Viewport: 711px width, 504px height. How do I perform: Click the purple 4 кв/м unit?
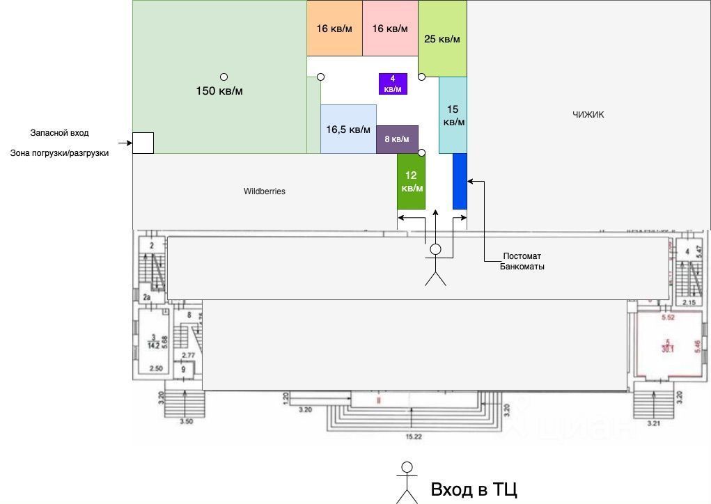(x=393, y=84)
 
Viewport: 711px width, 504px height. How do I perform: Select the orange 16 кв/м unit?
(x=334, y=29)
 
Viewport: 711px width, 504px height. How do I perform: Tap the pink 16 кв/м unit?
(x=390, y=29)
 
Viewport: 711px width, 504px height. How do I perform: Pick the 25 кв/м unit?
(x=442, y=39)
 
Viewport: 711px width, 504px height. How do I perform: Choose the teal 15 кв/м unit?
(x=453, y=115)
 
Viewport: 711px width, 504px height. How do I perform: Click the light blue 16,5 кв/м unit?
(x=348, y=129)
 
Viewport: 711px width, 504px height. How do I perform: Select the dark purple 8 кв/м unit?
(x=397, y=139)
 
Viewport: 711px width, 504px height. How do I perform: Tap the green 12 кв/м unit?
(x=411, y=181)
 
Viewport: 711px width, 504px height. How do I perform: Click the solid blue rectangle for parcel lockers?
(x=460, y=181)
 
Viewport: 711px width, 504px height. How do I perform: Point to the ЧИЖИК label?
(x=588, y=115)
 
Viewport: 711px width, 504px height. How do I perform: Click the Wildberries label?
(x=265, y=191)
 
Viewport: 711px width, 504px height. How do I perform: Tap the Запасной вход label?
(x=59, y=132)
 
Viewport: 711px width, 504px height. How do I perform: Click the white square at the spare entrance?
(x=143, y=143)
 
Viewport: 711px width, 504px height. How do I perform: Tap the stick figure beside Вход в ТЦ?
(x=407, y=482)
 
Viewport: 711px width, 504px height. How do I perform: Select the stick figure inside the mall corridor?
(x=436, y=265)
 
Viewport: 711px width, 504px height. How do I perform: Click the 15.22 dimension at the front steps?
(x=415, y=436)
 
